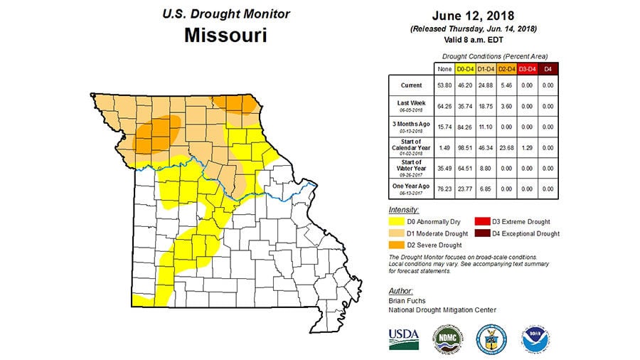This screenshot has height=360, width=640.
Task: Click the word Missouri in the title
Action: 225,36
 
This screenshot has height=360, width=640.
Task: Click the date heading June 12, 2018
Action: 474,16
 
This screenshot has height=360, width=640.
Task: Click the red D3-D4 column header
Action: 526,68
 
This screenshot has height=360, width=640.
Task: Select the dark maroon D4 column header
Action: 547,68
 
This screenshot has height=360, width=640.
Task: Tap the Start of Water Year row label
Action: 411,167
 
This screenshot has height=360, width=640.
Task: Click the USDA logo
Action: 403,338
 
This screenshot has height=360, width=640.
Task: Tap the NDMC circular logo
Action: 446,339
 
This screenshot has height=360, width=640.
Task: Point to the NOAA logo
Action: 533,339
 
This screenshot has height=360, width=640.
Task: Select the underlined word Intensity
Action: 404,210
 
